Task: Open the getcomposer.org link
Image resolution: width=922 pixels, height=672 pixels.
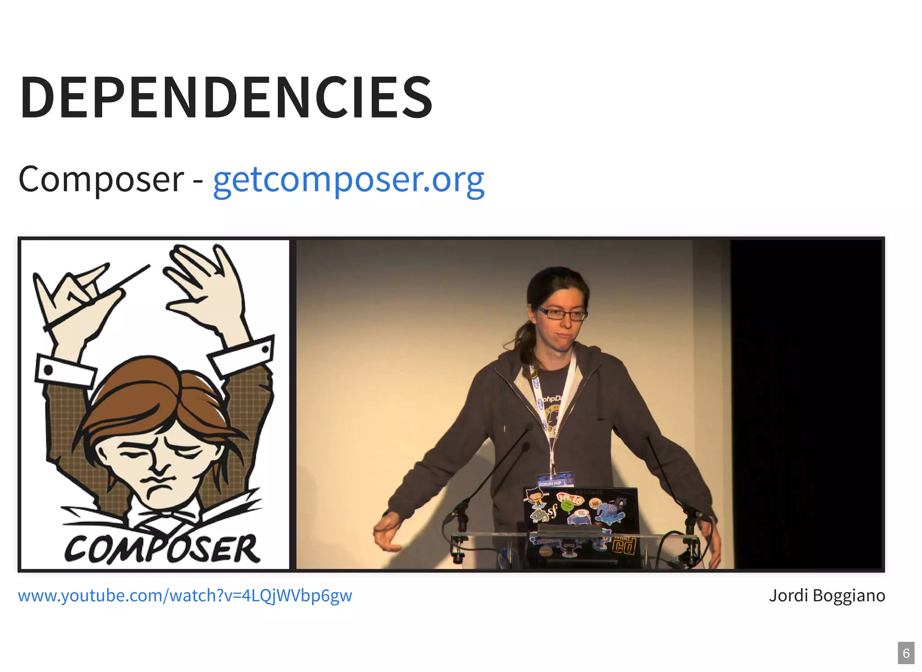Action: pos(348,179)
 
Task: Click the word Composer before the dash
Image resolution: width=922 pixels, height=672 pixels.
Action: pos(101,179)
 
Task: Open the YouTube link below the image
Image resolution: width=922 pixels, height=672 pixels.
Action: pos(185,595)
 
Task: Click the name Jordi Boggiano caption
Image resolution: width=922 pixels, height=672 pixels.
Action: pos(827,595)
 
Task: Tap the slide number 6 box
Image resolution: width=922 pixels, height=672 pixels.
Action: pos(906,653)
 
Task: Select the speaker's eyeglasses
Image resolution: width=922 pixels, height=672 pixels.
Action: pos(562,314)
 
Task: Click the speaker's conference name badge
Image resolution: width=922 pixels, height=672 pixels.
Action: pos(555,480)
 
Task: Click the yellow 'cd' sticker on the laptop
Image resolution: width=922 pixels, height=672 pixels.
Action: pos(624,546)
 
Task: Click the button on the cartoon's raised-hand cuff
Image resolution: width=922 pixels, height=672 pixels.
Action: pos(266,349)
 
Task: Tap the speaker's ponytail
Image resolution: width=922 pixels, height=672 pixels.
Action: pos(527,342)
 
